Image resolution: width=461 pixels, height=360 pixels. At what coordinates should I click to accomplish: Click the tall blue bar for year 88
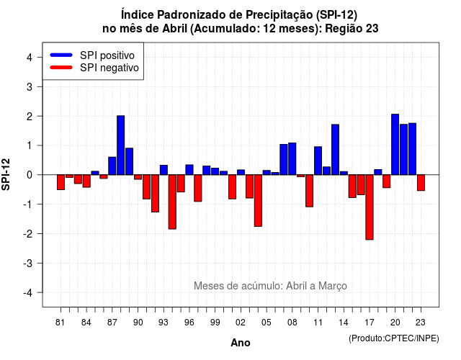tap(120, 145)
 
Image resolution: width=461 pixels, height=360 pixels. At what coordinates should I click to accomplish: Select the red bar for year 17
tap(370, 207)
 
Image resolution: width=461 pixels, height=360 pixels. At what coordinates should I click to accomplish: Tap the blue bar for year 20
tap(395, 144)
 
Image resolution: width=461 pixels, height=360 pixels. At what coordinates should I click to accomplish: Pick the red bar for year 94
tap(172, 202)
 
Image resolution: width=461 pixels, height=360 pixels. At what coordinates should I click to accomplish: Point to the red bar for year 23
tap(421, 183)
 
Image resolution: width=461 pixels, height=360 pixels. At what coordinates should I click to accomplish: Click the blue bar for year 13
tap(335, 150)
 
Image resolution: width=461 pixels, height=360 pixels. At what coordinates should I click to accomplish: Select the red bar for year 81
tap(61, 182)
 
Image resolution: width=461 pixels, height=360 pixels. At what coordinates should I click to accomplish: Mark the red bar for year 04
tap(258, 201)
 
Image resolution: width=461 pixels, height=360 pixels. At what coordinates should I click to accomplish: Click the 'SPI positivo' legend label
tap(107, 55)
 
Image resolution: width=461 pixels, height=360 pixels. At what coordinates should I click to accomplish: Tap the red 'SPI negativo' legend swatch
tap(61, 68)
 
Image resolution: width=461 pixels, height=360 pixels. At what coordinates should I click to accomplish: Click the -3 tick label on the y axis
tap(27, 263)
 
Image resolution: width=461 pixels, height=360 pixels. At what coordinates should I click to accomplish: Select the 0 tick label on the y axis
tap(29, 175)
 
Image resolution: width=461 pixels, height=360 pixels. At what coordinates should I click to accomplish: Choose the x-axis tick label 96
tap(189, 323)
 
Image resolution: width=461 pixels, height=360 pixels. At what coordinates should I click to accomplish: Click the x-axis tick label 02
tap(241, 323)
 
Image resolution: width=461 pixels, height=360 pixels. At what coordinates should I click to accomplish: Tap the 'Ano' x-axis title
tap(240, 343)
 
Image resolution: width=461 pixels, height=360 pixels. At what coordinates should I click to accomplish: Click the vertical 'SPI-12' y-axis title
tap(6, 174)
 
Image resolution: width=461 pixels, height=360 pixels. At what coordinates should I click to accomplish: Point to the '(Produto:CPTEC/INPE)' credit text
tap(394, 338)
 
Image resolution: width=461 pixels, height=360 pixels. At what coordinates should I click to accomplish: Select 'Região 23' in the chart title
tap(352, 29)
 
